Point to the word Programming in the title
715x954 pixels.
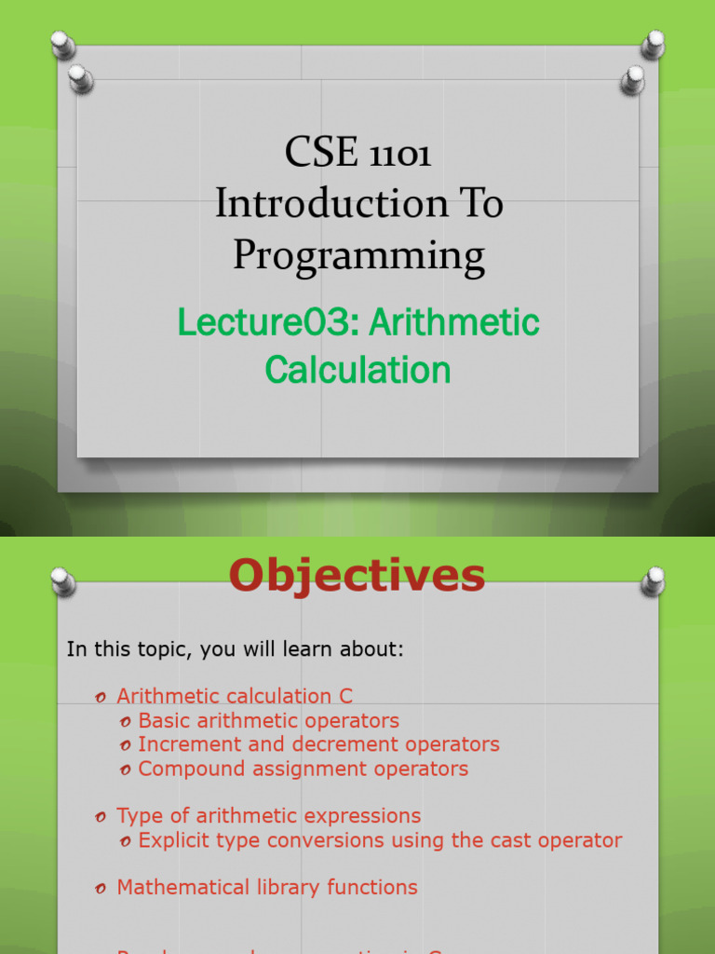[358, 254]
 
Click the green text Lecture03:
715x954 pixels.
[268, 323]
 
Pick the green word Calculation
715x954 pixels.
[357, 370]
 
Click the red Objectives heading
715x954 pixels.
[357, 575]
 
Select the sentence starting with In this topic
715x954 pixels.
[236, 649]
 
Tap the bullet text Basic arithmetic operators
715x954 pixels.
[268, 720]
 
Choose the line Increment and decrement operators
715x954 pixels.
[318, 744]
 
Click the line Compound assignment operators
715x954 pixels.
[303, 769]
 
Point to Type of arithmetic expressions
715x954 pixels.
[268, 815]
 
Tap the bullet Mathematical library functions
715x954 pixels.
[266, 887]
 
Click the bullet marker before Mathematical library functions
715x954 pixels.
[101, 889]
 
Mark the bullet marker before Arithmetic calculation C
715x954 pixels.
[101, 697]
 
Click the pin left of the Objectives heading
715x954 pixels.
[62, 581]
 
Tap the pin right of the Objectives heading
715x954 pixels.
[653, 581]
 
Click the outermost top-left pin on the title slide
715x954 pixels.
[61, 43]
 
